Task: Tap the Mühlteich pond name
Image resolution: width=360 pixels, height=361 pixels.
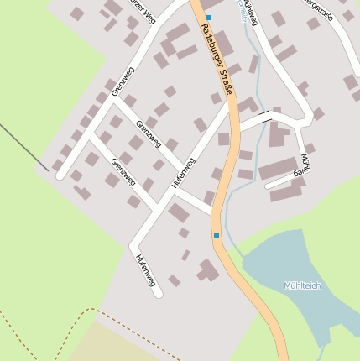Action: [x=302, y=285]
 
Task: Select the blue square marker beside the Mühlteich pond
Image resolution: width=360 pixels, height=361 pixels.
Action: [x=217, y=235]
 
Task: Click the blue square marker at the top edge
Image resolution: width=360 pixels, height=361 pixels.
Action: [x=208, y=17]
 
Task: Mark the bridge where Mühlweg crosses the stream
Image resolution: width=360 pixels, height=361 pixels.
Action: [x=265, y=116]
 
